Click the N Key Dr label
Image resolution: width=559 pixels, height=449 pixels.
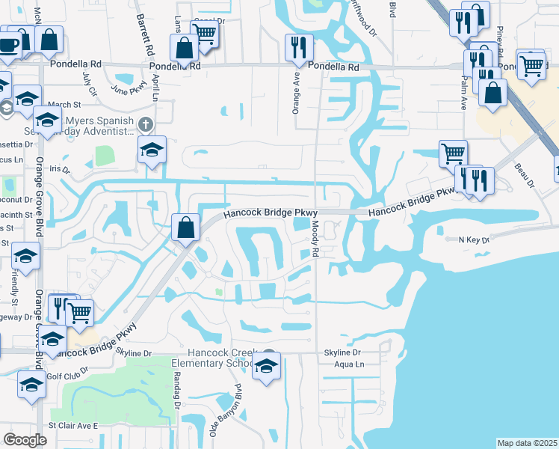(x=472, y=240)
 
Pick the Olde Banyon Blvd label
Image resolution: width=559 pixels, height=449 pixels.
(x=223, y=411)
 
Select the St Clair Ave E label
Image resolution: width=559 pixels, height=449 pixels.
(x=73, y=425)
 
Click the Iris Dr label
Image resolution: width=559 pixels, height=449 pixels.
(x=59, y=171)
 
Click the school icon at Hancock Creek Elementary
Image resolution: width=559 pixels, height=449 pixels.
(x=265, y=366)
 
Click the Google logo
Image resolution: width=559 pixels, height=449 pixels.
(x=25, y=440)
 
